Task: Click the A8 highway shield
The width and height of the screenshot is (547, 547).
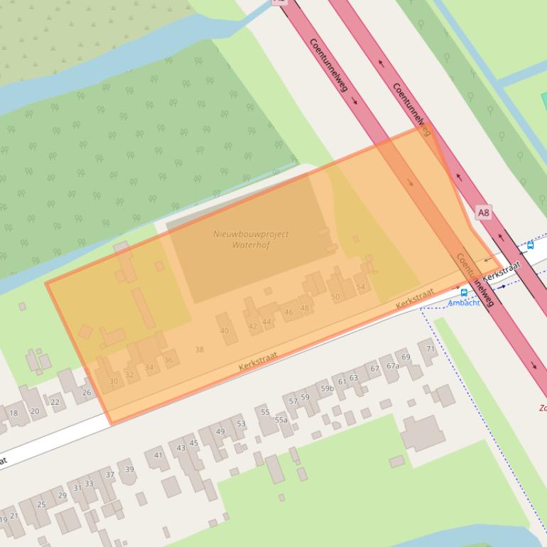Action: click(x=483, y=212)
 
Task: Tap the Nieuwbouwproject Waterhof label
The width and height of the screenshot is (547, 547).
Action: click(x=251, y=239)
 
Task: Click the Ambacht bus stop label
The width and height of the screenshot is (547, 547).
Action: click(x=463, y=303)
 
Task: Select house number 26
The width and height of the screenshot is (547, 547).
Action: click(x=87, y=392)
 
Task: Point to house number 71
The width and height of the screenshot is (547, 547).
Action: click(x=430, y=350)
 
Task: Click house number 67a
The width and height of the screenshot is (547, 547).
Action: click(x=393, y=366)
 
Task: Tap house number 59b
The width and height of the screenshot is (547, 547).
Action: click(x=327, y=389)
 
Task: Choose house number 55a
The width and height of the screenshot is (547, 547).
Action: click(x=281, y=420)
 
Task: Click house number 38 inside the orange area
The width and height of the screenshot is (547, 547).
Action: click(x=199, y=350)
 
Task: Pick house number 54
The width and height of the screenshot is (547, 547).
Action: click(x=361, y=288)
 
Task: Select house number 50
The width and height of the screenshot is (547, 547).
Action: click(x=335, y=297)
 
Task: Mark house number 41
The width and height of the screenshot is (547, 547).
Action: click(x=158, y=455)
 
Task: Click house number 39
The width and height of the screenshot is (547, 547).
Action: click(x=129, y=469)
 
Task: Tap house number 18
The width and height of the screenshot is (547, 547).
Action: click(x=13, y=413)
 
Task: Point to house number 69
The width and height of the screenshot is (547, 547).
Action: click(x=406, y=357)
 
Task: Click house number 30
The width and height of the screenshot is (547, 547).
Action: click(x=113, y=381)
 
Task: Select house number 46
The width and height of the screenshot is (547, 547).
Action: click(x=288, y=312)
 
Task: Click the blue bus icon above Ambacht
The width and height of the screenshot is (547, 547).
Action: click(x=464, y=292)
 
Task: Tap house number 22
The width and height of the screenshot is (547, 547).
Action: click(x=55, y=402)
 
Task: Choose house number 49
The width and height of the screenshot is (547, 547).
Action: click(x=220, y=431)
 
